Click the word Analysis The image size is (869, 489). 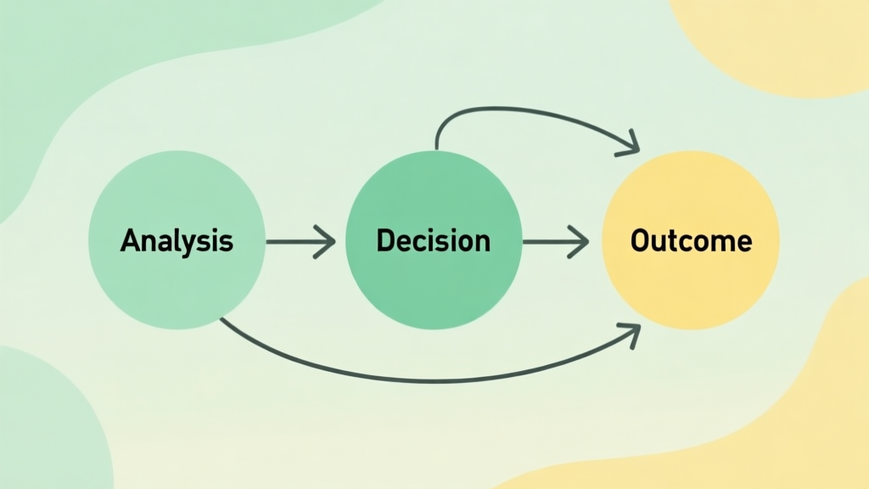(x=177, y=241)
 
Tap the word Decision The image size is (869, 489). (x=433, y=241)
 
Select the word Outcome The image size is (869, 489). (x=691, y=241)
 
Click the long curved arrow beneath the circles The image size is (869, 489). (x=424, y=378)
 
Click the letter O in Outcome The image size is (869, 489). (x=640, y=241)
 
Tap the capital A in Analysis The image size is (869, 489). (x=129, y=241)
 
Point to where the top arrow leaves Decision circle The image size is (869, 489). (x=435, y=149)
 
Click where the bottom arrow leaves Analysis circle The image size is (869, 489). (x=221, y=320)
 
